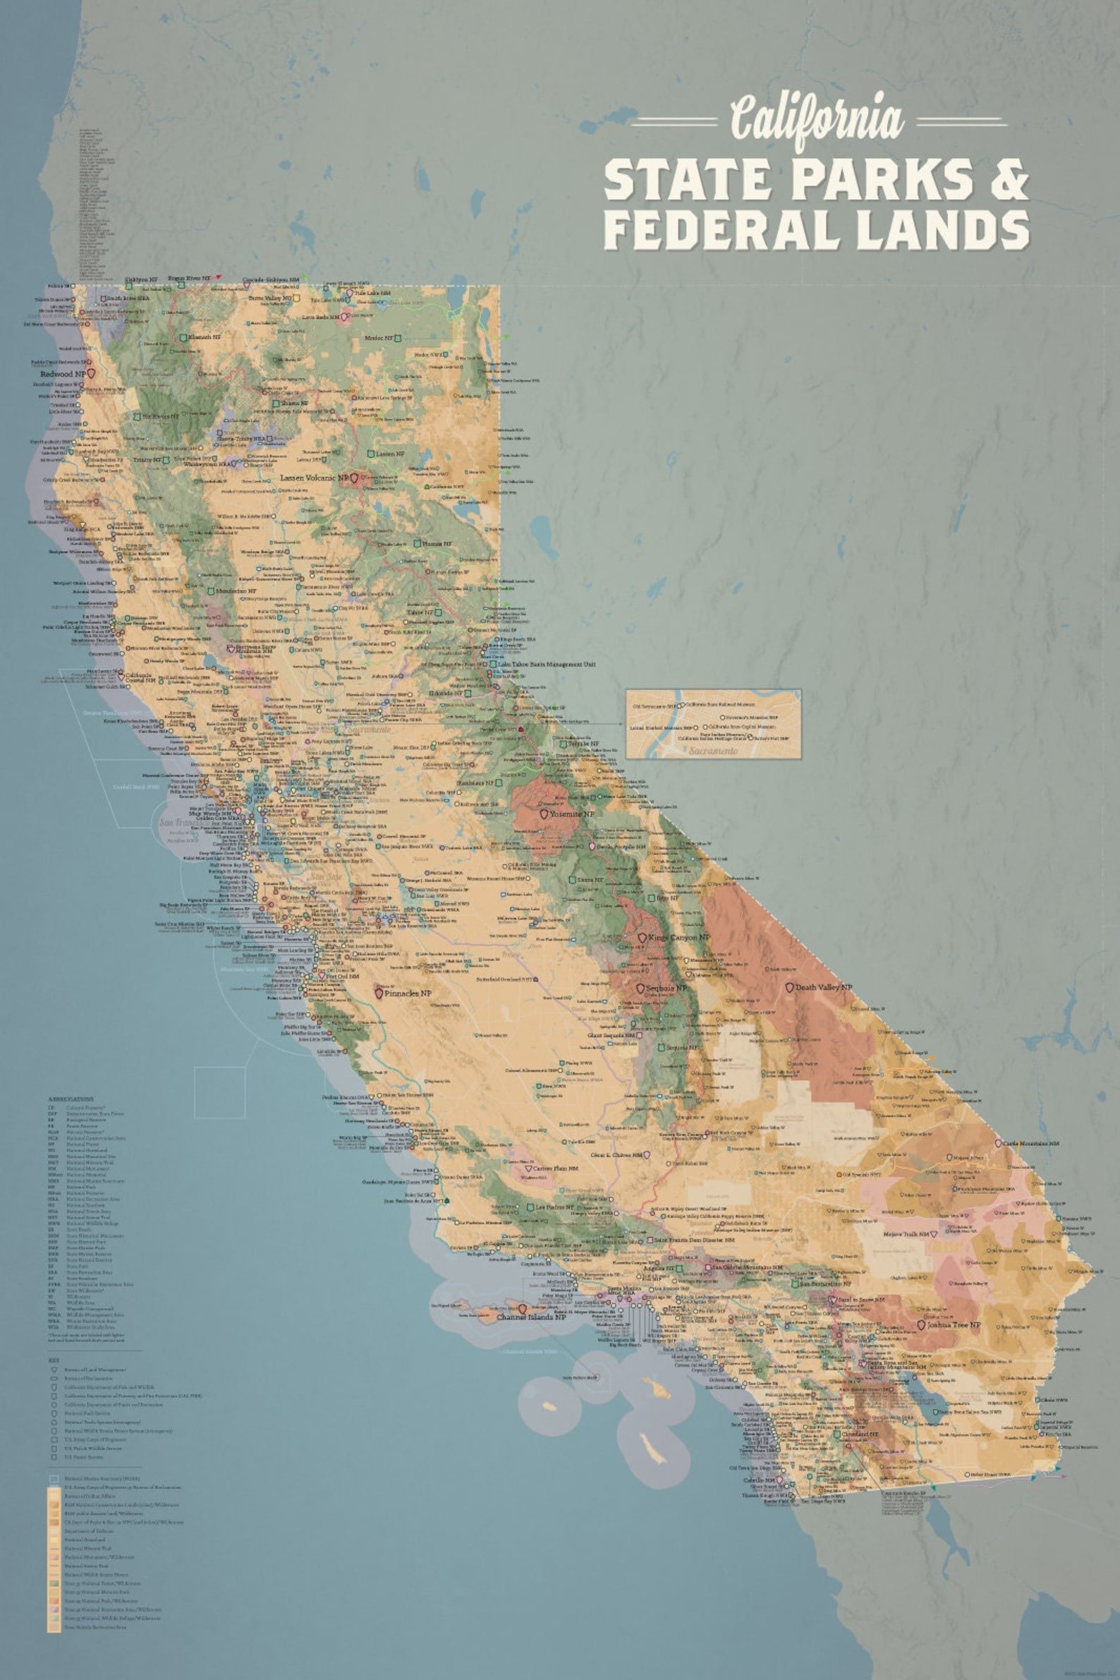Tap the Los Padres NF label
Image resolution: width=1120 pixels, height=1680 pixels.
[561, 1207]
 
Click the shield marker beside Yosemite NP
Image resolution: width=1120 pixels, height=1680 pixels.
[544, 814]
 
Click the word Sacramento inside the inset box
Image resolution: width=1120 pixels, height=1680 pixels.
[715, 751]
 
